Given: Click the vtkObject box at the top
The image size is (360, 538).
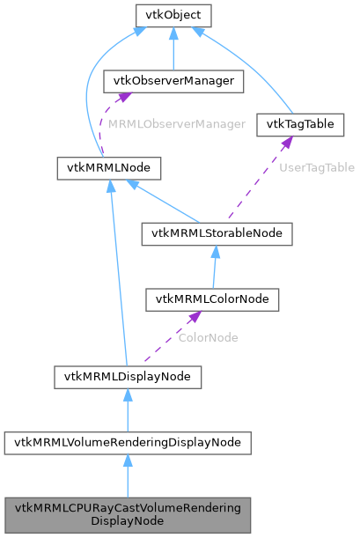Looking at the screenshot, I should pos(172,15).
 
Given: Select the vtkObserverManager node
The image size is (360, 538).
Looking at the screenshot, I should pos(173,81).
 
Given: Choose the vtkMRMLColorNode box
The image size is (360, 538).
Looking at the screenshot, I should pos(212,298).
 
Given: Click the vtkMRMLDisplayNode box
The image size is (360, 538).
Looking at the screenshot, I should pos(128,377).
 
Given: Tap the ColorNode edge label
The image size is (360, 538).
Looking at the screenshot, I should pos(208,337).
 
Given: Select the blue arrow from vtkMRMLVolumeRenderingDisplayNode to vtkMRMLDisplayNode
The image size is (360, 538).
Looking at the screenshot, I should pos(128,410).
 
